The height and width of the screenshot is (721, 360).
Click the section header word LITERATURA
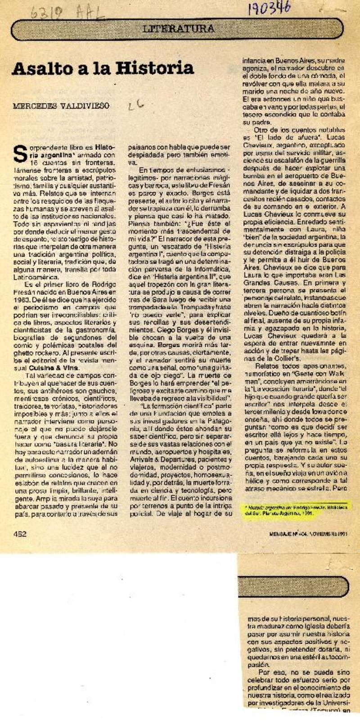click(x=178, y=29)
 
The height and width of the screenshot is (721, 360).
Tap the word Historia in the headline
click(x=155, y=68)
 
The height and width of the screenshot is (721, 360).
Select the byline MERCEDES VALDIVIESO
click(x=61, y=106)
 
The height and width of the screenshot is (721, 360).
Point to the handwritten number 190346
click(x=269, y=9)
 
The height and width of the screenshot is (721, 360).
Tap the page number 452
click(x=20, y=534)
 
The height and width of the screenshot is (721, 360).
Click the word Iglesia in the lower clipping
click(x=315, y=626)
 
